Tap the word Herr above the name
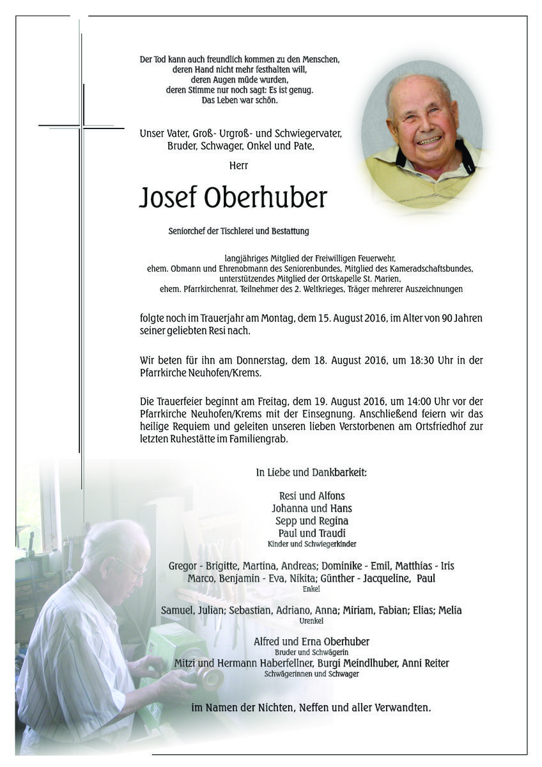[239, 166]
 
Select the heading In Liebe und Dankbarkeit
[311, 473]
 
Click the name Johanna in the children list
[291, 509]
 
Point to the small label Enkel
[311, 589]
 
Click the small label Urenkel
[311, 621]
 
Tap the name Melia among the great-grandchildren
[448, 610]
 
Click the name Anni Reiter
[425, 663]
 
